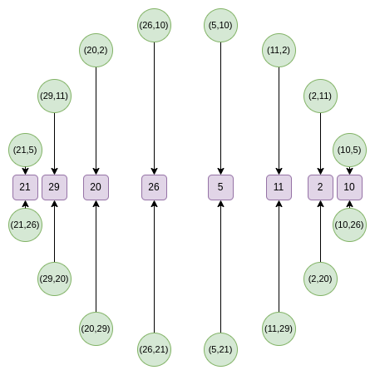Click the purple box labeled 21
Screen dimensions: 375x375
coord(25,187)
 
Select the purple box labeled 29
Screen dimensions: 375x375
coord(54,187)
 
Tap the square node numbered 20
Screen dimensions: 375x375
coord(96,187)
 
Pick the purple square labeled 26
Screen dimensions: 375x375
coord(154,187)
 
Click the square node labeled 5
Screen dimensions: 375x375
coord(220,187)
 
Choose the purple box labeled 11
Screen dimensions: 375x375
coord(279,187)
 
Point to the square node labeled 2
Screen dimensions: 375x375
coord(320,187)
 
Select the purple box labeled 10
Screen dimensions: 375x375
coord(349,187)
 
